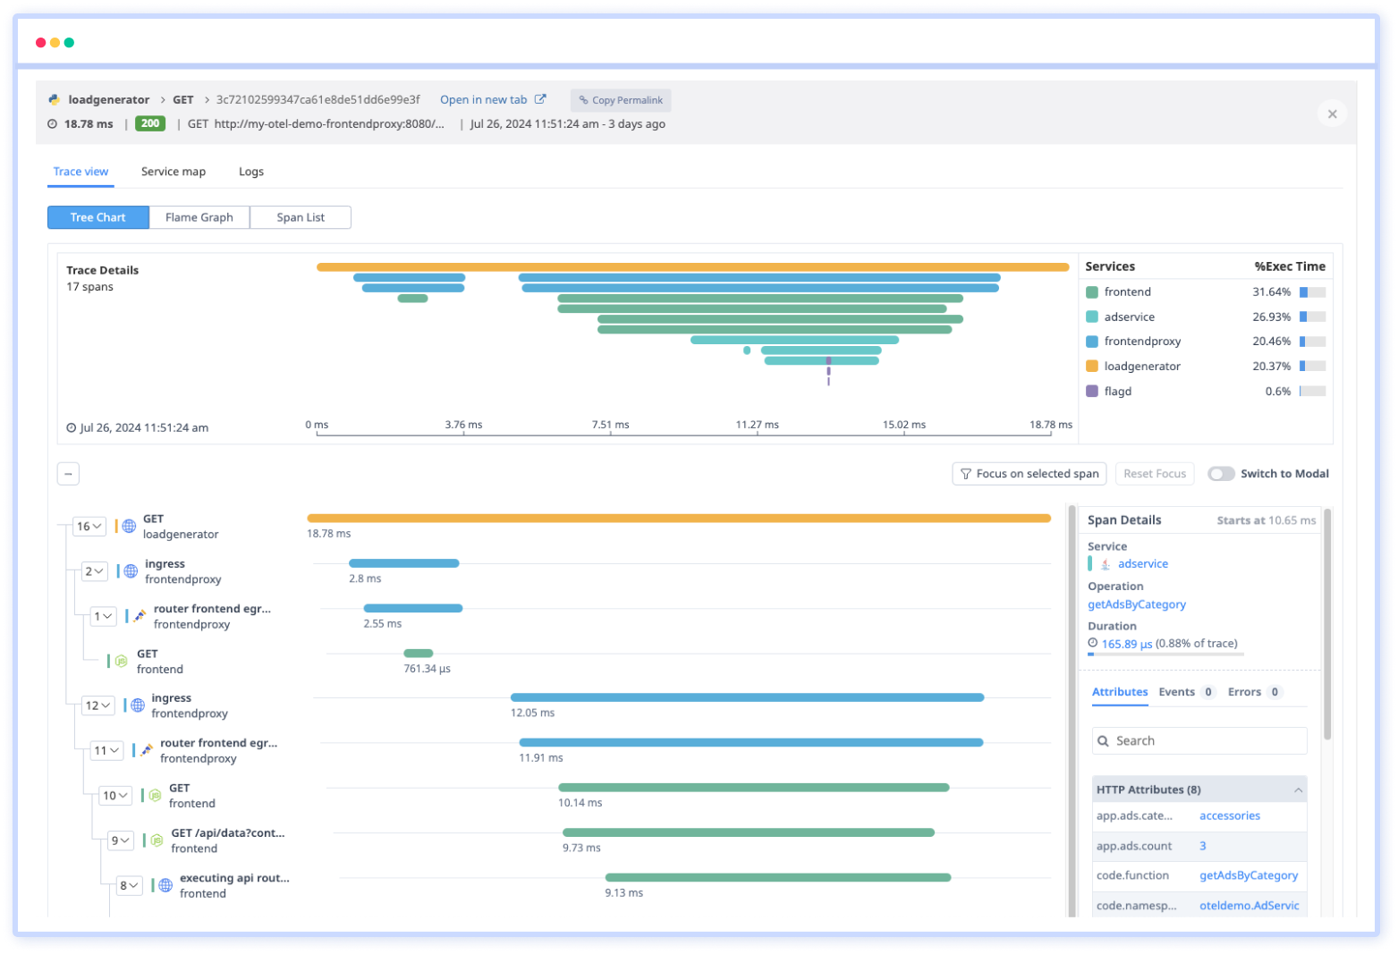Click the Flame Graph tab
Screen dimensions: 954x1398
199,217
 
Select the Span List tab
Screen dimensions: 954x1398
301,217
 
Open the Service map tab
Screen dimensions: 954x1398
174,172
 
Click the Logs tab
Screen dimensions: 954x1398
251,172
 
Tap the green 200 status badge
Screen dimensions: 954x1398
150,124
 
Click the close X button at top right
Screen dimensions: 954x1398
1332,114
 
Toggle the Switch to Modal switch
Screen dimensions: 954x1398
1221,474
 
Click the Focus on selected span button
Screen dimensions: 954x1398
1029,474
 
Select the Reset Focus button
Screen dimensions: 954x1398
1154,474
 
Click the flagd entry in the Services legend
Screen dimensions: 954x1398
1117,392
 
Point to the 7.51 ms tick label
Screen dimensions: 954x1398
610,425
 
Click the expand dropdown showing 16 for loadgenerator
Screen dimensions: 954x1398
89,527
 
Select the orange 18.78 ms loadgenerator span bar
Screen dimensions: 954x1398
678,519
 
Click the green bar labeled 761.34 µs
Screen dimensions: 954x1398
418,654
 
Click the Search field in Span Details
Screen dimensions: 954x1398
1199,741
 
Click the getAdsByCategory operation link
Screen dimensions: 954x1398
1137,604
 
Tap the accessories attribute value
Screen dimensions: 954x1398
1229,816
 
